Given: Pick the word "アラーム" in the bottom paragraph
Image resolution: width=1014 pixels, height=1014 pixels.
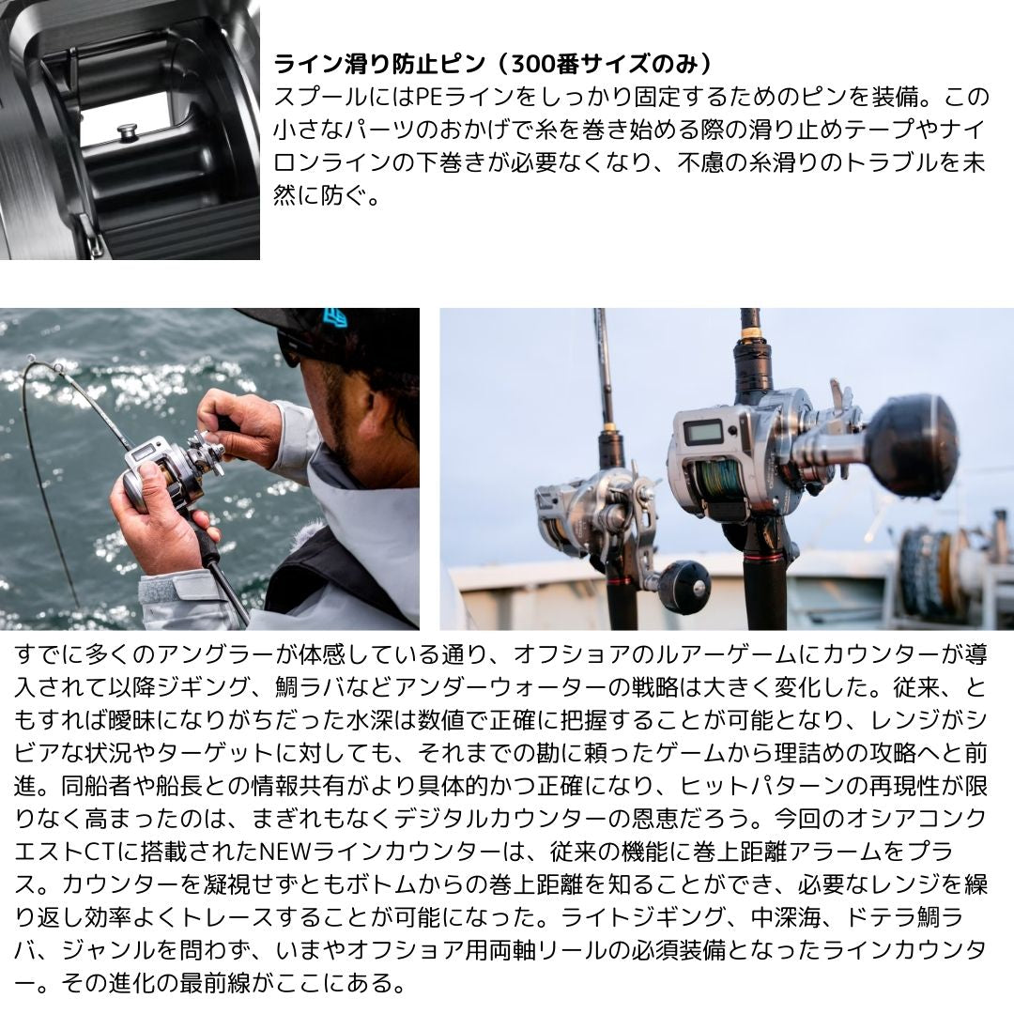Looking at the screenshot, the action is [835, 852].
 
